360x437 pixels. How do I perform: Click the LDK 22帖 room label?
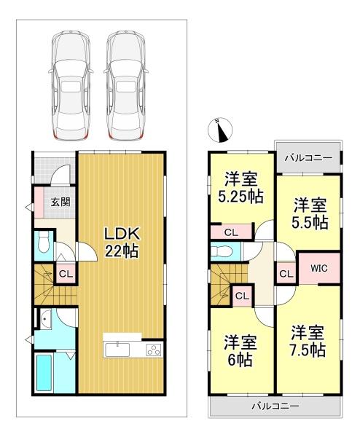click(121, 243)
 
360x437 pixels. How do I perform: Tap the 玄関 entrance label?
click(60, 202)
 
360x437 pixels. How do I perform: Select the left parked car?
click(71, 85)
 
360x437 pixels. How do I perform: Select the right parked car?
click(125, 85)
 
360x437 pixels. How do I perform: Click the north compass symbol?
click(220, 130)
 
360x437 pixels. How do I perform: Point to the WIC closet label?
click(319, 268)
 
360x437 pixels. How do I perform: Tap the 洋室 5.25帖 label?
click(240, 187)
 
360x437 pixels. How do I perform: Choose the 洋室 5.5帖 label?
click(310, 213)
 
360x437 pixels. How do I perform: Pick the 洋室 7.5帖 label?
click(308, 341)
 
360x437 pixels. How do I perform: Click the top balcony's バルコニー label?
click(308, 158)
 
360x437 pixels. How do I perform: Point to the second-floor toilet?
click(222, 252)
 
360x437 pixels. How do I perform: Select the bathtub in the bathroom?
click(44, 373)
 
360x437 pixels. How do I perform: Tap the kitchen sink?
click(117, 350)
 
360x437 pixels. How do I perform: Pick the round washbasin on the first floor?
click(45, 322)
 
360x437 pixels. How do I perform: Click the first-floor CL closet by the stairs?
click(66, 274)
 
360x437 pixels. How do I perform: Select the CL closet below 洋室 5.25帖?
click(231, 232)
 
